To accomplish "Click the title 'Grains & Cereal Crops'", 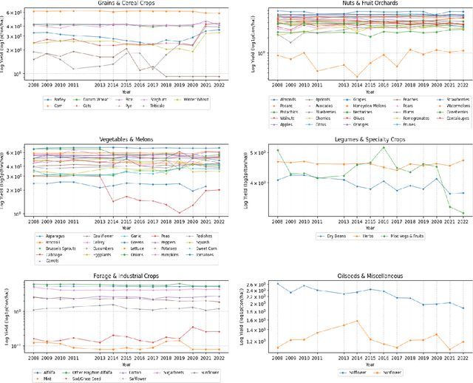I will pyautogui.click(x=126, y=4).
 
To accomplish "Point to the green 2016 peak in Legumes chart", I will pyautogui.click(x=384, y=147).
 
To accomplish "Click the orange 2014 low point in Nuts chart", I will pyautogui.click(x=357, y=76).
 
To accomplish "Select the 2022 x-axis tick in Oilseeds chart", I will pyautogui.click(x=463, y=356).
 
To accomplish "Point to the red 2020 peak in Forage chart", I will pyautogui.click(x=192, y=327).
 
